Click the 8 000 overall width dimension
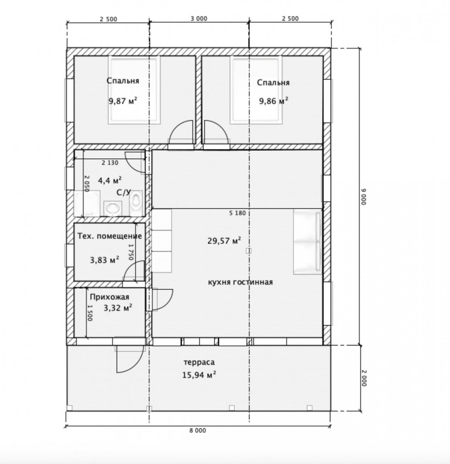[198, 430]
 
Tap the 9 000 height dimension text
[363, 196]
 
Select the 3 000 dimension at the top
[199, 19]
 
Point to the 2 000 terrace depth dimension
[364, 378]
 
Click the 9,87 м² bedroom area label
[123, 101]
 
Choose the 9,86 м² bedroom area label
[274, 101]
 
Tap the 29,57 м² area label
[224, 241]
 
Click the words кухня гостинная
[240, 282]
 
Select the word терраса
[199, 362]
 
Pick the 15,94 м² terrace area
[199, 375]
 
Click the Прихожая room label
[110, 297]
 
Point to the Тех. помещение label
[110, 236]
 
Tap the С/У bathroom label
[123, 193]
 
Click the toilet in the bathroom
[136, 201]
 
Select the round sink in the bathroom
[113, 208]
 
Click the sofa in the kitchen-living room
[307, 242]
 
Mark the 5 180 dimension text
[238, 213]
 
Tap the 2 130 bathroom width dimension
[110, 163]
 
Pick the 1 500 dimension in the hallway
[89, 313]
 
